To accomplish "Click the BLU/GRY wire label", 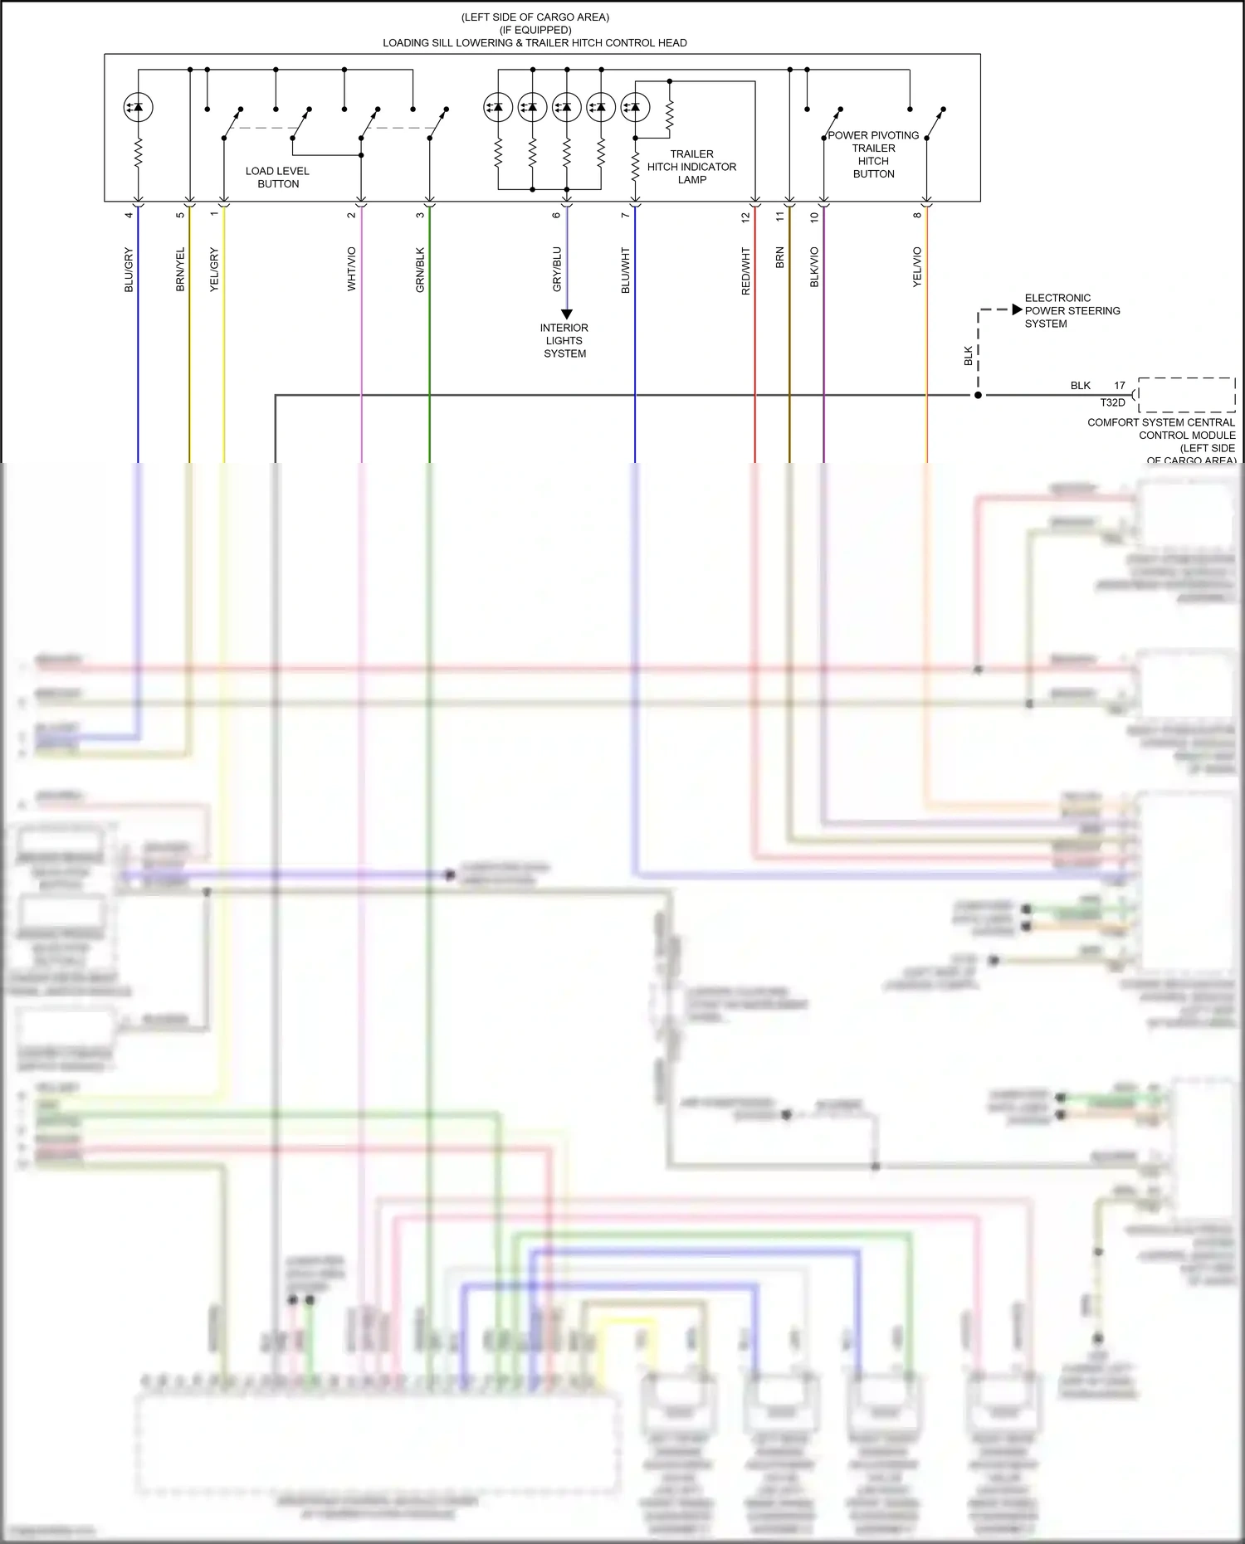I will [129, 270].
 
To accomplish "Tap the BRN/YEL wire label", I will [180, 270].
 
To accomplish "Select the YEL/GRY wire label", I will [214, 270].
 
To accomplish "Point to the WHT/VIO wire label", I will [351, 269].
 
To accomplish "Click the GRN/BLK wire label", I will [420, 270].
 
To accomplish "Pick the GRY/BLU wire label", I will [557, 269].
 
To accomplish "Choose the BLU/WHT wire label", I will [626, 270].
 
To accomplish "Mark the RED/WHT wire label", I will [745, 271].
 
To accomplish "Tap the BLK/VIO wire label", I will [814, 267].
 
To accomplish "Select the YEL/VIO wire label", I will [917, 267].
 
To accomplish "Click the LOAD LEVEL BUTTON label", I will [277, 178].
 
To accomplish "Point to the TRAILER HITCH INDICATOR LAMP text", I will [691, 167].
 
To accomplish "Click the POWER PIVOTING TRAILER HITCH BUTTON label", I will [873, 154].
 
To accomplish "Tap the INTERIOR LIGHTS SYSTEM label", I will [564, 341].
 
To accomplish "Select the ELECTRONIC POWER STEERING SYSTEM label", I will [1072, 311].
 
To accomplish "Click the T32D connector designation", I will [1112, 403].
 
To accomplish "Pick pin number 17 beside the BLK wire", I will [1120, 386].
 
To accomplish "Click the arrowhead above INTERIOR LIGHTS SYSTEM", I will [567, 314].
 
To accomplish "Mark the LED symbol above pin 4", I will [138, 107].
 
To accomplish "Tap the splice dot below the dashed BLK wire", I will [978, 395].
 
